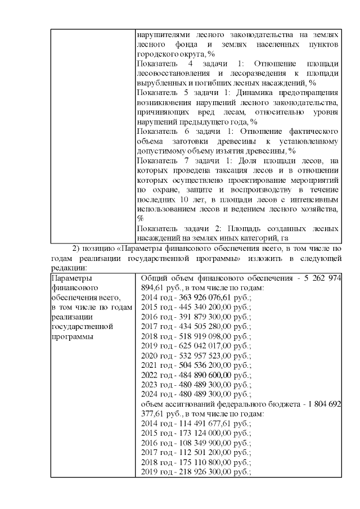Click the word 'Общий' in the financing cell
[152, 278]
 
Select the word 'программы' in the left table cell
[71, 336]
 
